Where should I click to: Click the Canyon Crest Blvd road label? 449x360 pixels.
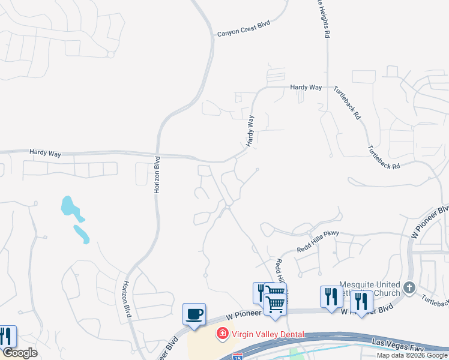[x=244, y=29]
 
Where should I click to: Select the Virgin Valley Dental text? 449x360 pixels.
[x=268, y=334]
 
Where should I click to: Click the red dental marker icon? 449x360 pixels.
[x=222, y=332]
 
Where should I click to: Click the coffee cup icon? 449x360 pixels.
[x=194, y=314]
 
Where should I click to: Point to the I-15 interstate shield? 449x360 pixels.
[x=238, y=356]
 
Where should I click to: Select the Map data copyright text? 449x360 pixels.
[x=412, y=356]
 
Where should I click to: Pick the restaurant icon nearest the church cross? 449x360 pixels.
[x=361, y=302]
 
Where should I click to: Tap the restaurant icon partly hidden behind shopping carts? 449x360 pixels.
[x=260, y=293]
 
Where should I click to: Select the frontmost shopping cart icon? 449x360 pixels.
[x=275, y=304]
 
